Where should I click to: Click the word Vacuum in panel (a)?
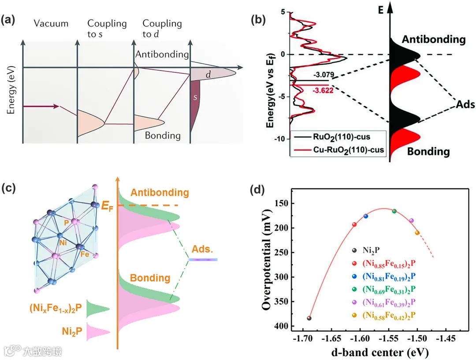pyautogui.click(x=51, y=23)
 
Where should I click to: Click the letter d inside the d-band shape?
pyautogui.click(x=208, y=75)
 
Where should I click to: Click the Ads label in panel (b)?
pyautogui.click(x=465, y=105)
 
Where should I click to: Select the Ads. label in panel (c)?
pyautogui.click(x=200, y=249)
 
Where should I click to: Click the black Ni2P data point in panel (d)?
pyautogui.click(x=309, y=318)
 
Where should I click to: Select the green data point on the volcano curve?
pyautogui.click(x=394, y=211)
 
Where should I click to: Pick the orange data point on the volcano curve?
pyautogui.click(x=417, y=233)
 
